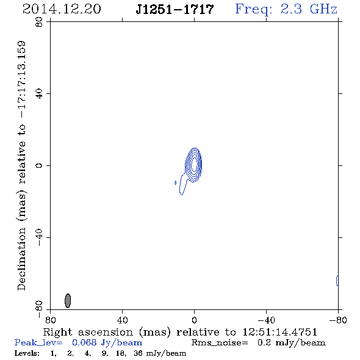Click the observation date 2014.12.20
coord(62,9)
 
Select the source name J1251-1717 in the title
coord(175,9)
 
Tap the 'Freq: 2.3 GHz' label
coord(286,9)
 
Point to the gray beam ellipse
coord(68,301)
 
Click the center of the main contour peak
coord(194,164)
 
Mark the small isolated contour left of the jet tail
coord(175,183)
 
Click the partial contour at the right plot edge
coord(337,281)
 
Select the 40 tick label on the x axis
coord(122,320)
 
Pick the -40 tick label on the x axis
coord(266,320)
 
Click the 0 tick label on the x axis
coord(194,320)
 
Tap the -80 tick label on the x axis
coord(338,320)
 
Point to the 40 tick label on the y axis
coord(39,94)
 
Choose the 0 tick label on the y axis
coord(39,165)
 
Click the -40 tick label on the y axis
coord(39,237)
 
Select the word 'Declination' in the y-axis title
coord(21,259)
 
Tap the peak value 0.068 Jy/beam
coord(107,343)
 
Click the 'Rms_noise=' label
coord(220,343)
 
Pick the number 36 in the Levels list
coord(138,353)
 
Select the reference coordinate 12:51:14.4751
coord(279,332)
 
